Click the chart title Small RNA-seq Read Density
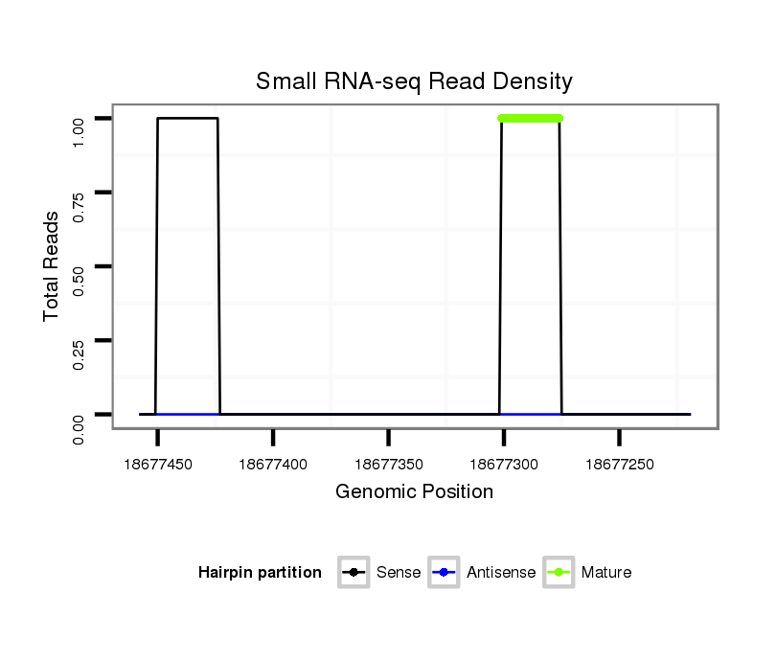coord(414,82)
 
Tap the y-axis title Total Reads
coord(52,266)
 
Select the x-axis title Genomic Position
coord(414,492)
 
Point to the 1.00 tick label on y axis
coord(80,120)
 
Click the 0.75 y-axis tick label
coord(80,193)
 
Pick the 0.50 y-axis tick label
coord(80,266)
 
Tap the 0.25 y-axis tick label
coord(80,340)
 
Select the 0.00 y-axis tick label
coord(80,428)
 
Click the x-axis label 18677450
coord(158,465)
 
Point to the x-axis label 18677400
coord(273,465)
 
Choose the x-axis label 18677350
coord(388,465)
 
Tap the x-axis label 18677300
coord(504,465)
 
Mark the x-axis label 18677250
coord(619,465)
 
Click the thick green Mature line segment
coord(530,119)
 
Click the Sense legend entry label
coord(399,573)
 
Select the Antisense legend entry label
coord(501,573)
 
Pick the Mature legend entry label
coord(606,573)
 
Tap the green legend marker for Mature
coord(559,573)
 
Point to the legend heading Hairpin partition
coord(260,573)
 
